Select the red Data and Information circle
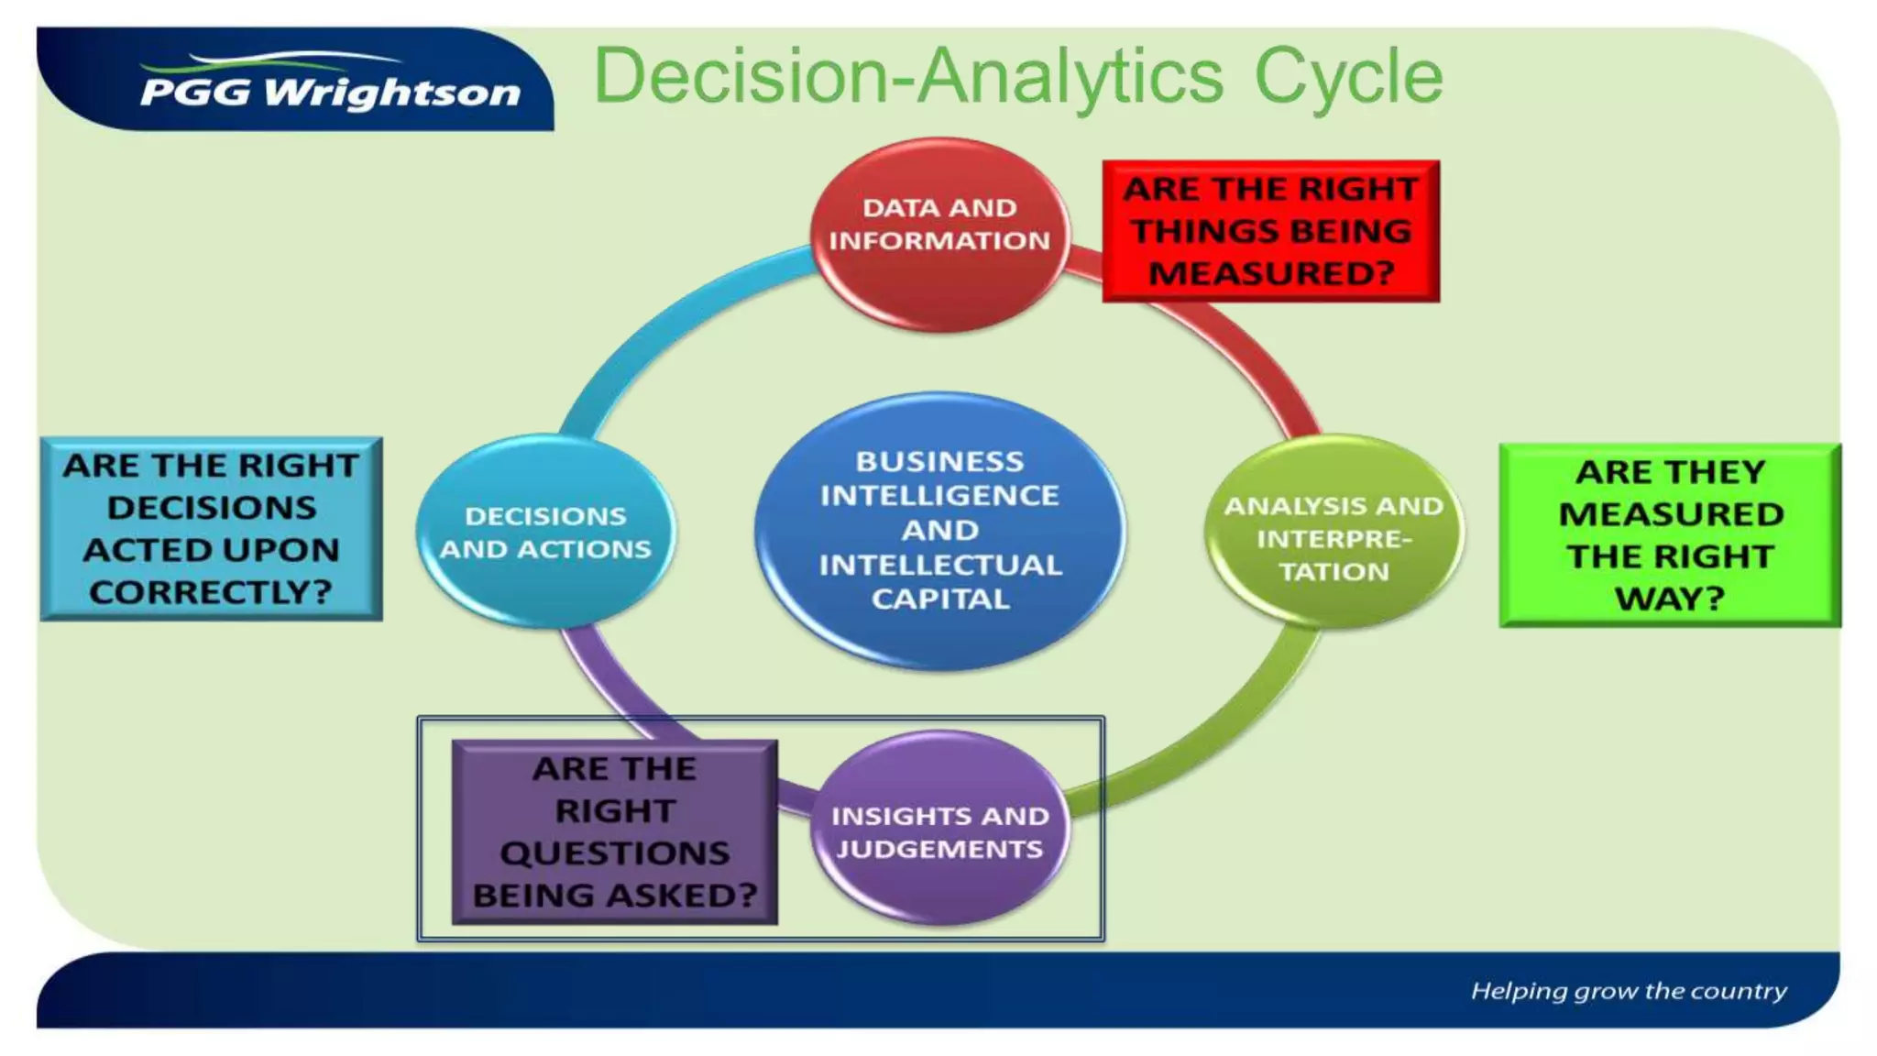(939, 234)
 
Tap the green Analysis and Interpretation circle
(1334, 532)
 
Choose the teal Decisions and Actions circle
(545, 532)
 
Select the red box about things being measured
(1270, 231)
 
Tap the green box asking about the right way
(1670, 535)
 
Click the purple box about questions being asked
(614, 831)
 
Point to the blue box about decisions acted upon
(211, 529)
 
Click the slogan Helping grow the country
(1629, 991)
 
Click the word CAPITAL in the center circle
(940, 599)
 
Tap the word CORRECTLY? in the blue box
(211, 592)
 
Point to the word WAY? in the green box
(1670, 599)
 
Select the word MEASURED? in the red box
(1271, 273)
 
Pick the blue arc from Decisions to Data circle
(660, 330)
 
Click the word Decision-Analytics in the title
(907, 77)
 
